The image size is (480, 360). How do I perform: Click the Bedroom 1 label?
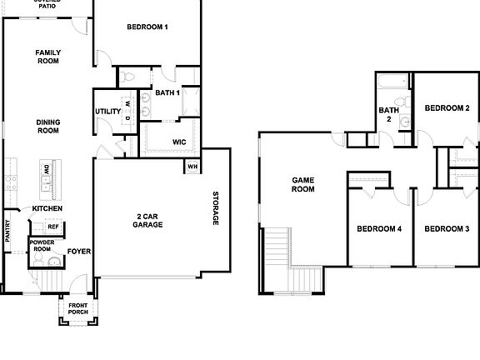coord(147,27)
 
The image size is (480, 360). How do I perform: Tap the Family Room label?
coord(47,57)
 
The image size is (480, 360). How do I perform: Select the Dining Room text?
coord(47,126)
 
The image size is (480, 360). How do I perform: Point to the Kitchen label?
coord(47,208)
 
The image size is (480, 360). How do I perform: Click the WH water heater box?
coord(192,166)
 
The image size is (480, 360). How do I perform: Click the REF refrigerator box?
coord(52,227)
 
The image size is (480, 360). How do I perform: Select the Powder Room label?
coord(42,246)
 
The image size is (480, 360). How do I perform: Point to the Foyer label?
coord(78,251)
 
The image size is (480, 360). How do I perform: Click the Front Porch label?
coord(78,308)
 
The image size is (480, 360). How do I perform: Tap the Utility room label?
coord(107,112)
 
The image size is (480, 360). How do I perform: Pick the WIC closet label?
coord(178,142)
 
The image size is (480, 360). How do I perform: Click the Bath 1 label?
coord(167,92)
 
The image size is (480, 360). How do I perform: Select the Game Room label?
coord(302,184)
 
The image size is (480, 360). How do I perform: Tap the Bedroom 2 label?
coord(447,108)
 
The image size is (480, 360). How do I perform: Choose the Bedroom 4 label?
coord(379,228)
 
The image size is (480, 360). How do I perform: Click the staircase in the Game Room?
coord(277,258)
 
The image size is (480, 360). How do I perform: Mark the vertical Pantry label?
coord(7,231)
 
